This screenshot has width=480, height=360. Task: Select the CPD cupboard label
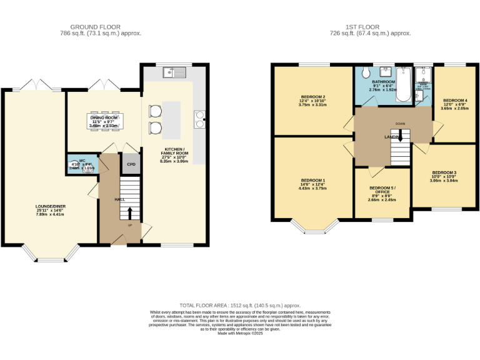click(x=131, y=164)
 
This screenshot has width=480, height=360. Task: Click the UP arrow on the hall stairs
click(x=130, y=213)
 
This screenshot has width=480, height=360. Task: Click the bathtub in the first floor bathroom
click(x=404, y=91)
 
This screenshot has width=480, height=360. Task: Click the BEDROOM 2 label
click(x=312, y=97)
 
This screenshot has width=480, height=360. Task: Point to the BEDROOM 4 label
click(x=455, y=100)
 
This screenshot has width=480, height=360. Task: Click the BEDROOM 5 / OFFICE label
click(x=382, y=190)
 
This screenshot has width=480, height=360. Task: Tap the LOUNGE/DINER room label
click(x=50, y=206)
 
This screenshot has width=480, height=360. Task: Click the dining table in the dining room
click(x=104, y=121)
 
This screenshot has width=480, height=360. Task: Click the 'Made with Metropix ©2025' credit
click(x=240, y=333)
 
